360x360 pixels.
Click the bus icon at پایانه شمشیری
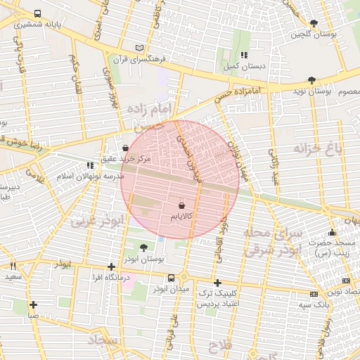pos(37,13)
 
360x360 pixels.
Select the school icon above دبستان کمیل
pos(244,55)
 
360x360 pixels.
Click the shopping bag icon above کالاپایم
pos(182,206)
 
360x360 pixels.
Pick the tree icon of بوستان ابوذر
pos(144,247)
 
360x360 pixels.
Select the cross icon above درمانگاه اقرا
pos(111,266)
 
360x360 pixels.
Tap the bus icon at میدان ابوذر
pos(152,277)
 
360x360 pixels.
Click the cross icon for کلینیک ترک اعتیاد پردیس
pos(217,282)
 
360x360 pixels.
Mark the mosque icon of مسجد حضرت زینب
pos(333,233)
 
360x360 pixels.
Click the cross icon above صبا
pos(33,304)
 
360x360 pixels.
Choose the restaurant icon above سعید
pos(13,266)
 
